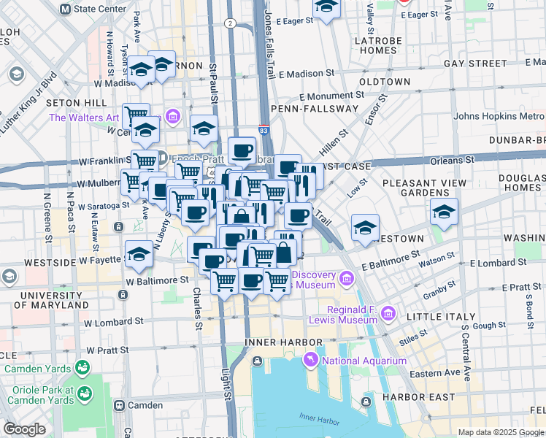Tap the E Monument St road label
pyautogui.click(x=331, y=96)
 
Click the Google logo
pyautogui.click(x=25, y=429)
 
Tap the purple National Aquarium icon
pyautogui.click(x=311, y=361)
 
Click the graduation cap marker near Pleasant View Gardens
pyautogui.click(x=444, y=212)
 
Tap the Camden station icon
pyautogui.click(x=118, y=405)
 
